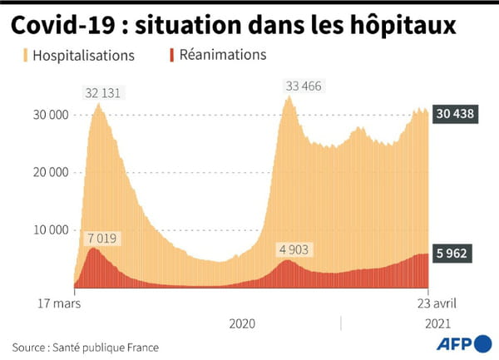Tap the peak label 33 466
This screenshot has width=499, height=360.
[x=303, y=85]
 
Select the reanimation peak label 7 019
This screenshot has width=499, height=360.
[x=102, y=239]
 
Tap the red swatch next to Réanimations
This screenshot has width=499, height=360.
[x=171, y=56]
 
